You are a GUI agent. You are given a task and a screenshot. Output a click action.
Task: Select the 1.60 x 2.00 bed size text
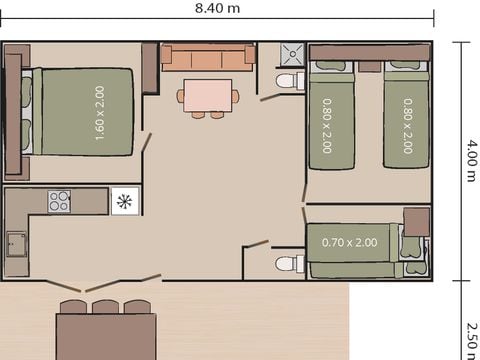(x=100, y=112)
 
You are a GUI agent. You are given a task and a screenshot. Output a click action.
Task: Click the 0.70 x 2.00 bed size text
(x=350, y=242)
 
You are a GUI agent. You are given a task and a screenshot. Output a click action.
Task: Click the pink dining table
(x=208, y=95)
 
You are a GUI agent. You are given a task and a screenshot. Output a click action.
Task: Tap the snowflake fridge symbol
(x=125, y=202)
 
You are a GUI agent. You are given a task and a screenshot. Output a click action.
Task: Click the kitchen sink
(x=16, y=243)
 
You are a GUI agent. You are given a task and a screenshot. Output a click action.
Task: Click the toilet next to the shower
(x=288, y=80)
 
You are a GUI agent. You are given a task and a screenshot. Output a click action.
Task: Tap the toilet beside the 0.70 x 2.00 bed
(x=288, y=263)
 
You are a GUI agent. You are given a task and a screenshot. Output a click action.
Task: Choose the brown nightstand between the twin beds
(x=368, y=67)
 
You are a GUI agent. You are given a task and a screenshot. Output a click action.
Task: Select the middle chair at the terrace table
(x=105, y=306)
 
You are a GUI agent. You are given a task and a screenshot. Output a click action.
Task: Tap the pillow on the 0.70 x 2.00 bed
(x=410, y=250)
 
